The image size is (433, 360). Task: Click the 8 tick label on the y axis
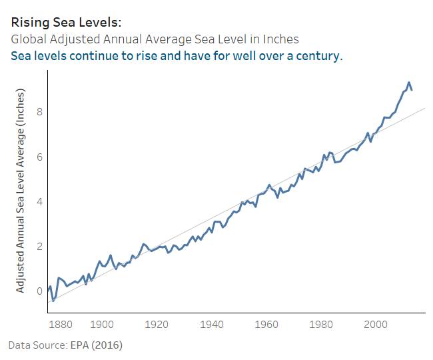click(40, 111)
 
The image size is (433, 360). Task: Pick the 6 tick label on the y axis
click(40, 157)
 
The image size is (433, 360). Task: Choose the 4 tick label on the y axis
click(40, 201)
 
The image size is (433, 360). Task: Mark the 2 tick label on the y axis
click(40, 246)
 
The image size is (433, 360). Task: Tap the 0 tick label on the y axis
click(40, 291)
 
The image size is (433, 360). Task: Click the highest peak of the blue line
click(408, 83)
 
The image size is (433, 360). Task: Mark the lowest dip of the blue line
click(53, 301)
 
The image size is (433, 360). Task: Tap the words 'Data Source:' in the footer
click(37, 345)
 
